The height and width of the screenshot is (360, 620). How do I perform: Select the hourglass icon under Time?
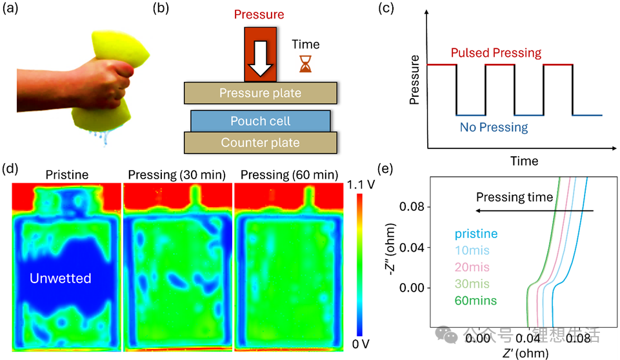(x=305, y=63)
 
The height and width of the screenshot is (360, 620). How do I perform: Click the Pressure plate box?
(x=260, y=93)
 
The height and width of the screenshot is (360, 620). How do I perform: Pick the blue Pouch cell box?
(x=261, y=121)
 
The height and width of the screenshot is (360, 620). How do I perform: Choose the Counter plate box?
(x=260, y=143)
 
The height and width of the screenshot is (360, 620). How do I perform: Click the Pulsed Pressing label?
(x=496, y=52)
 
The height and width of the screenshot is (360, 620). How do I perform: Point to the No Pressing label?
(x=494, y=127)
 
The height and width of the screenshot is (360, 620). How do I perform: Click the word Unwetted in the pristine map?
(x=61, y=279)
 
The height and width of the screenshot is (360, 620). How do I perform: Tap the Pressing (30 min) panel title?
(x=176, y=175)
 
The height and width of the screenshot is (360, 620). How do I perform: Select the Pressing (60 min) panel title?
(x=287, y=175)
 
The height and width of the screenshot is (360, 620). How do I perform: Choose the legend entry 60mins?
(x=475, y=300)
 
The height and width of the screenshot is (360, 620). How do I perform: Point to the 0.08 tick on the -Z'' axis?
(x=411, y=207)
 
